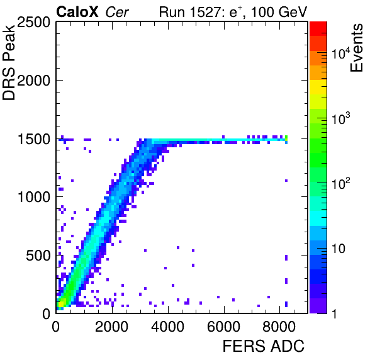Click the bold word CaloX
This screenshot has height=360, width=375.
coord(77,12)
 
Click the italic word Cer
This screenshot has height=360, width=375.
coord(117,13)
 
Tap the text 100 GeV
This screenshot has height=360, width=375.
coord(279,12)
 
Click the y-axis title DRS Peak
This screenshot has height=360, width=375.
coord(9,62)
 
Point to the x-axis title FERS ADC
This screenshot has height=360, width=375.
coord(264,346)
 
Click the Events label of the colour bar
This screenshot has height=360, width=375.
coord(356,48)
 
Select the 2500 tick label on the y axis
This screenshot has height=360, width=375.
coord(33,23)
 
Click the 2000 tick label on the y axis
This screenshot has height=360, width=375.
coord(33,81)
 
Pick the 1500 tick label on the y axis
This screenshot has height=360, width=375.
coord(34,139)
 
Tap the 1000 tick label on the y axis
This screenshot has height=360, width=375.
coord(34,198)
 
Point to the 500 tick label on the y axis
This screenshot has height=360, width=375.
coord(38,256)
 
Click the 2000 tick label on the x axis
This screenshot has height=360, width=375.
coord(112,327)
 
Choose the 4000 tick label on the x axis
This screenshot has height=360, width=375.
coord(167,327)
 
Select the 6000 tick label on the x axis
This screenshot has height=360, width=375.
coord(223,327)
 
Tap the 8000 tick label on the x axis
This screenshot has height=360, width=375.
coord(279,327)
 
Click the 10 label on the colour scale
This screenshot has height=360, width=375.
coord(338,249)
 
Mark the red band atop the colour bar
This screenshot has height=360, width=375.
coord(318,29)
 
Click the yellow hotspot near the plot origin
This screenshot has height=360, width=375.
coord(61,304)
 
